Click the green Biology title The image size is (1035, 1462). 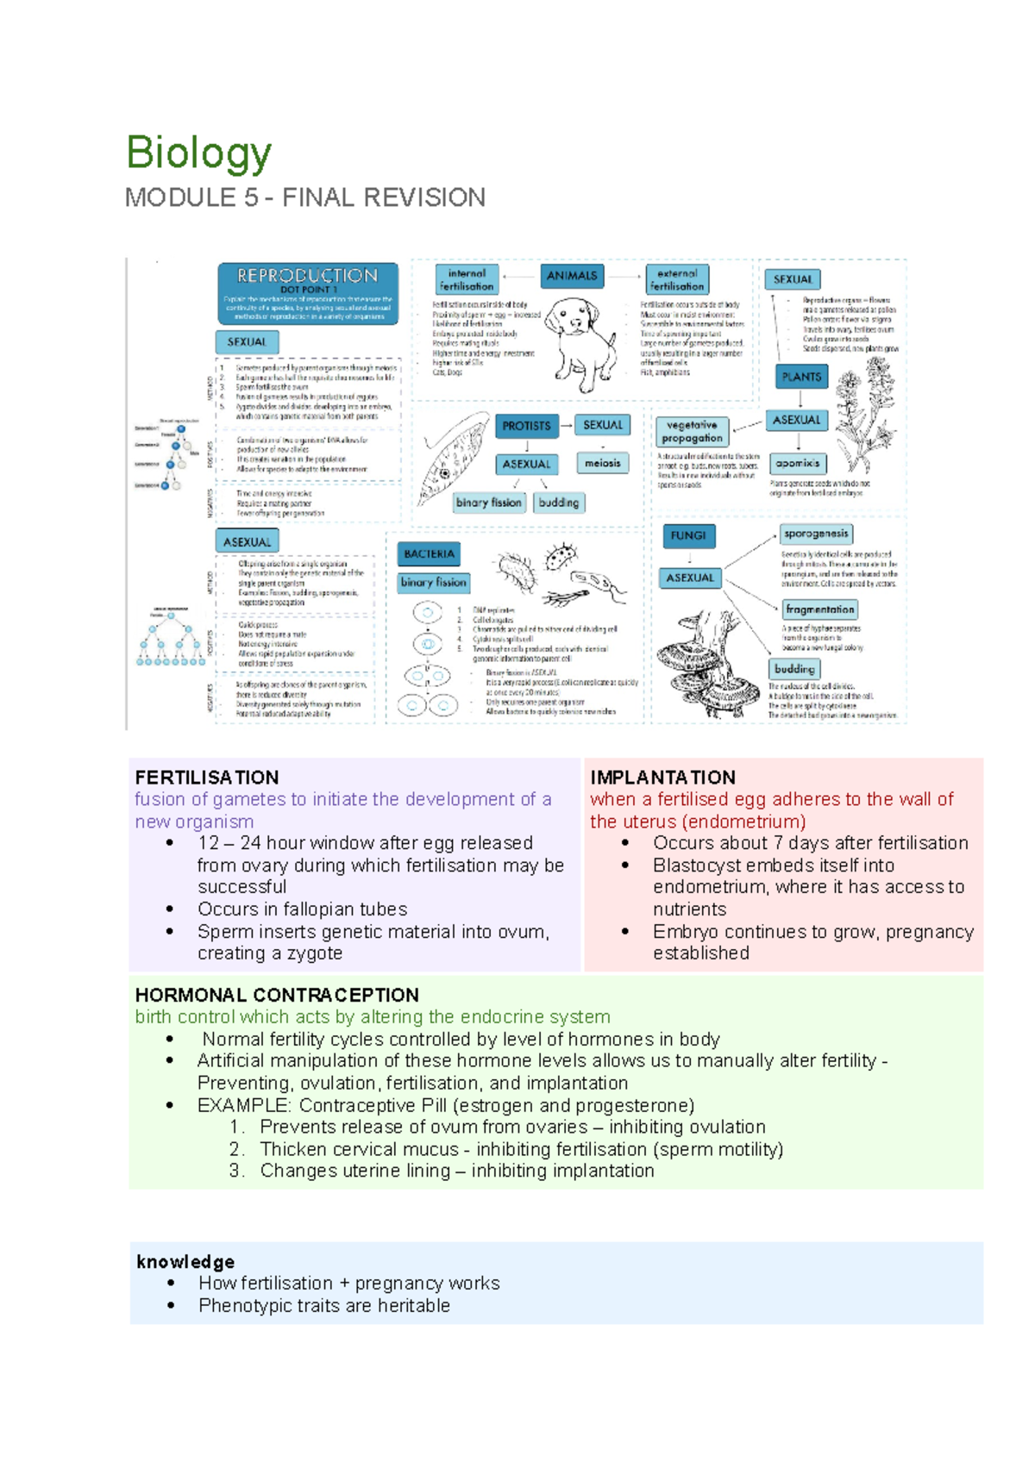198,153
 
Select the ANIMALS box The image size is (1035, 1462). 572,276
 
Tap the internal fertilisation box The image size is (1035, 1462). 467,279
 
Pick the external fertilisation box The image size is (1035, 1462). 677,279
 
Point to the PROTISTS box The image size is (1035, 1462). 526,426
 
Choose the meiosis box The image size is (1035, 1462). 602,463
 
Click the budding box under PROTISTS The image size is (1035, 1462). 559,503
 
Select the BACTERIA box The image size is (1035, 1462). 429,554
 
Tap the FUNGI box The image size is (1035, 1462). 688,535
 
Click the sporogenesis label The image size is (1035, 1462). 816,534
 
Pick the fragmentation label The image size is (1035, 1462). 819,609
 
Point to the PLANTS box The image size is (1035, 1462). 801,377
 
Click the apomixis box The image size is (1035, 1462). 797,463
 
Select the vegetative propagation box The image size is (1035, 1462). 692,431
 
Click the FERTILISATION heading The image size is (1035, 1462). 207,778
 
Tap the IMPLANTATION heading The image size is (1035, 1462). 662,778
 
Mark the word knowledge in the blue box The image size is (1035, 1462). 185,1262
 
